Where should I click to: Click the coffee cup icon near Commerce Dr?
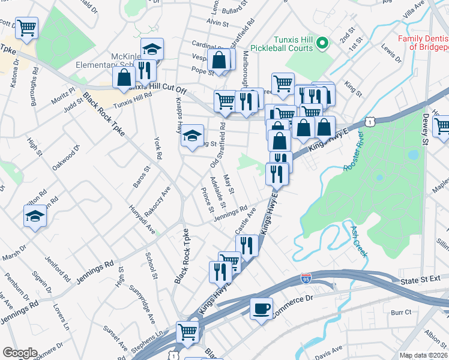[261, 309]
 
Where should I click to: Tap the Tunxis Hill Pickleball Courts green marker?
[322, 43]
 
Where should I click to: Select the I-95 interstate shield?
[307, 279]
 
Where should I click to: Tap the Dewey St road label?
[424, 130]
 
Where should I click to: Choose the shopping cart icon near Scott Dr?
[27, 28]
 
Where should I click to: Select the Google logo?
[20, 352]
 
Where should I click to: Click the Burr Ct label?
[400, 312]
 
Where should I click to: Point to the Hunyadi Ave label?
[142, 220]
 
